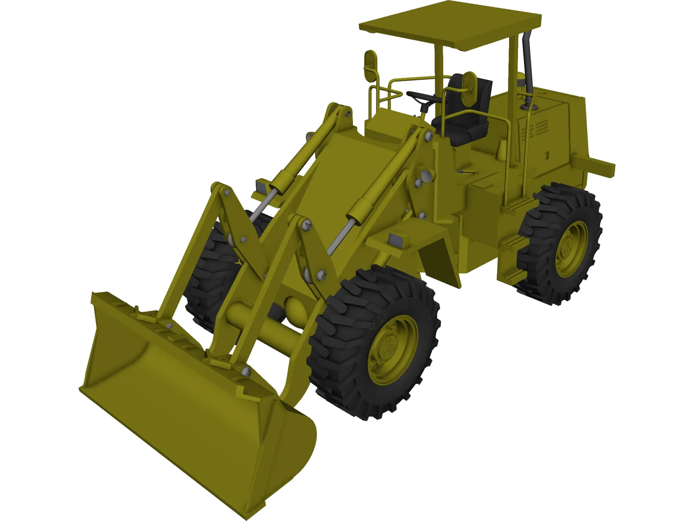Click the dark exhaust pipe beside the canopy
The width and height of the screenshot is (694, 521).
tap(527, 65)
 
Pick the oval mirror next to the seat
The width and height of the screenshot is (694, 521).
tap(468, 89)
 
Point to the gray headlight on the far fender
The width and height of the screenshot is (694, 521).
tap(262, 187)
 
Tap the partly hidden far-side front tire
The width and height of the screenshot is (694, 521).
tap(213, 269)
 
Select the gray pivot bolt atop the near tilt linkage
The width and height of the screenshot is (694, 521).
tap(307, 225)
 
